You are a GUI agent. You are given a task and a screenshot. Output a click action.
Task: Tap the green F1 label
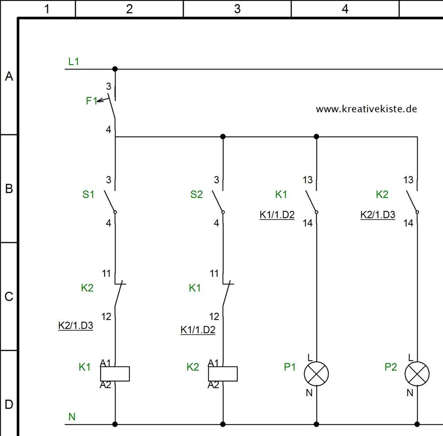click(x=92, y=101)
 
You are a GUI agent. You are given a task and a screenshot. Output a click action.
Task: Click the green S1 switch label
click(x=88, y=195)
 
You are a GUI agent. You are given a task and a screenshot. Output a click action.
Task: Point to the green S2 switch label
click(x=196, y=195)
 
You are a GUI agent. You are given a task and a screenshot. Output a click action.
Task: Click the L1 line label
click(x=74, y=61)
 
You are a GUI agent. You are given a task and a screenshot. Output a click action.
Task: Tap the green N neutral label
click(x=72, y=417)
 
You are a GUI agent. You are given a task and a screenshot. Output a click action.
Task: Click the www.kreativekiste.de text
click(x=366, y=109)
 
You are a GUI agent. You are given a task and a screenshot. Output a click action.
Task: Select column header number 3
click(x=237, y=9)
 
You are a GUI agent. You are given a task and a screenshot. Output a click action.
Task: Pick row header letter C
click(x=9, y=297)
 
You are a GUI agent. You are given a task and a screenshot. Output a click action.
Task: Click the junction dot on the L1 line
click(x=115, y=69)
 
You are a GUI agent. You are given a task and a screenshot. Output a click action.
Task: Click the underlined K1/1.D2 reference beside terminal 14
click(x=277, y=215)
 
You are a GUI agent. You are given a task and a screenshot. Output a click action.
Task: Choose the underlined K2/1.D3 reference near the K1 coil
click(x=75, y=326)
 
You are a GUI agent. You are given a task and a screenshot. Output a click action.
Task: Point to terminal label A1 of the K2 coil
click(x=214, y=363)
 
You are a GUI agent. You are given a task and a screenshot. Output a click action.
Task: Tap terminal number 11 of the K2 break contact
click(x=106, y=273)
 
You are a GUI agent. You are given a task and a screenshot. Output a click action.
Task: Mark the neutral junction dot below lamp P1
click(x=316, y=424)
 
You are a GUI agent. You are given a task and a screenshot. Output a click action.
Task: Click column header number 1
click(x=47, y=9)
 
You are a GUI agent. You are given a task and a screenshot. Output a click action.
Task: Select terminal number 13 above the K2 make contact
click(x=408, y=180)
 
